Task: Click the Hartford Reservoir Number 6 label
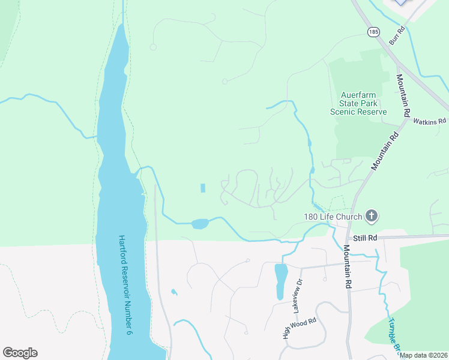pyautogui.click(x=125, y=284)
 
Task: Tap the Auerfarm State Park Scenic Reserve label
pyautogui.click(x=358, y=103)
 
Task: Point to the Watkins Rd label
pyautogui.click(x=430, y=121)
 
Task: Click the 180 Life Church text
pyautogui.click(x=332, y=217)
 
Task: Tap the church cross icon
pyautogui.click(x=372, y=216)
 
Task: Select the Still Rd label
pyautogui.click(x=365, y=238)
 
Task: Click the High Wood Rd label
pyautogui.click(x=299, y=329)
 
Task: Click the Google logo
pyautogui.click(x=20, y=353)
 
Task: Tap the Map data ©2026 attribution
pyautogui.click(x=424, y=355)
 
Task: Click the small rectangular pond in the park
pyautogui.click(x=202, y=188)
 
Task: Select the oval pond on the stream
pyautogui.click(x=199, y=224)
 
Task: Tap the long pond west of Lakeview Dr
pyautogui.click(x=280, y=281)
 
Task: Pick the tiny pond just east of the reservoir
pyautogui.click(x=173, y=292)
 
